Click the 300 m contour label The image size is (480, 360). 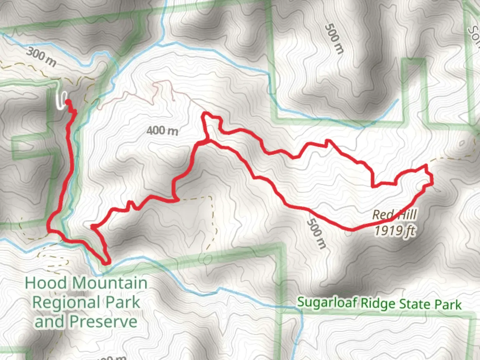point(41,57)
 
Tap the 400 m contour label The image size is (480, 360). point(162,131)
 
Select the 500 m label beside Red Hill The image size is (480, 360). point(316,234)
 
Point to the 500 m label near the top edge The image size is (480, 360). point(334,38)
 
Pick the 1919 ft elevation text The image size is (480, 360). point(395,230)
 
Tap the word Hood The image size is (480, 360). point(46,283)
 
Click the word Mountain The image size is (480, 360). point(110,283)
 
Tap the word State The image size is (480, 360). point(415,304)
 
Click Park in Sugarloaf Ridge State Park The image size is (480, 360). point(448,305)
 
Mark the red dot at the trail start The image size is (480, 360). point(68,102)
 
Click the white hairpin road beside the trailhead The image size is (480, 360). point(61,100)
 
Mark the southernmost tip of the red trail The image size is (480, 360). point(106,263)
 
